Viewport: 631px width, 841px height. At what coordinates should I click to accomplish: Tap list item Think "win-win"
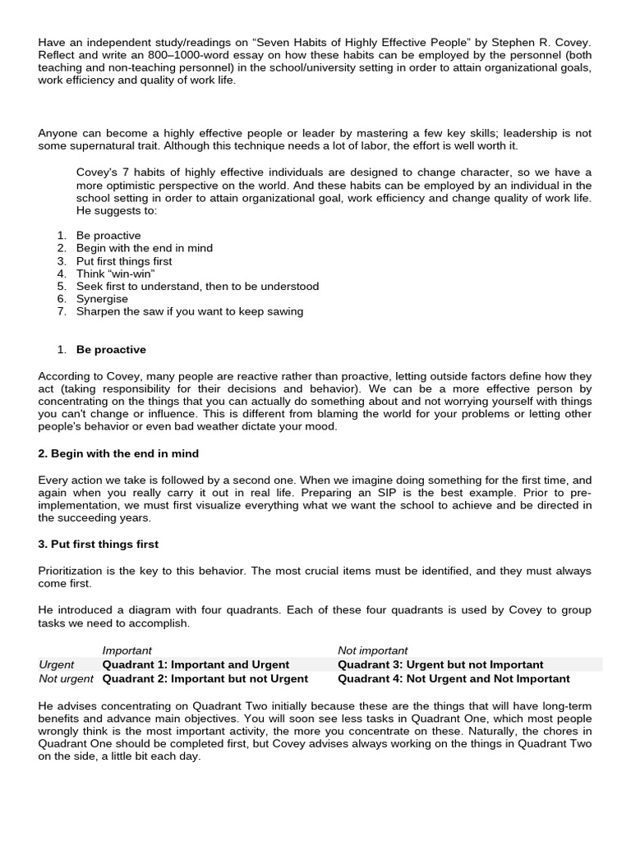[x=116, y=273]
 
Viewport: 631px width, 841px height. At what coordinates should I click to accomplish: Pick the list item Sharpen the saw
[x=190, y=311]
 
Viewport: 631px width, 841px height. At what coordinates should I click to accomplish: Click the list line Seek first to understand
[x=197, y=286]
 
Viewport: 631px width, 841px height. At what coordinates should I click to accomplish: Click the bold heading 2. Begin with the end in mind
[x=118, y=453]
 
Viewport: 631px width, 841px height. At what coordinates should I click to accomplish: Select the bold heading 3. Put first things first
[x=99, y=544]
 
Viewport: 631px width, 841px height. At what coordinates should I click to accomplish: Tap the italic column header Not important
[x=372, y=650]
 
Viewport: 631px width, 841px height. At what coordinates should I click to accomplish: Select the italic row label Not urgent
[x=67, y=678]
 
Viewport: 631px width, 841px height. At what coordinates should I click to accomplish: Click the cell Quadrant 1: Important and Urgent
[x=196, y=664]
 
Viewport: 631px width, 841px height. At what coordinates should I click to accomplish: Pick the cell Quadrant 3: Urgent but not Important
[x=440, y=664]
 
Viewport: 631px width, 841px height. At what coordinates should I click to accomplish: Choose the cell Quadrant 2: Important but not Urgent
[x=205, y=678]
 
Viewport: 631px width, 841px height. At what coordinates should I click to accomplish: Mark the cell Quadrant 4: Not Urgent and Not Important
[x=454, y=678]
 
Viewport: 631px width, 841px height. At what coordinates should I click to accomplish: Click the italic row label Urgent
[x=57, y=664]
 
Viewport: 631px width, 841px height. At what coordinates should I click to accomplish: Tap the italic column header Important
[x=127, y=650]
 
